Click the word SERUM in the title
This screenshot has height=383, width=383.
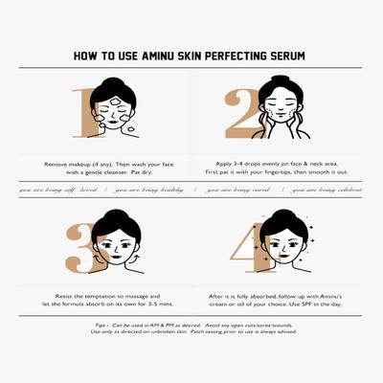coord(286,56)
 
